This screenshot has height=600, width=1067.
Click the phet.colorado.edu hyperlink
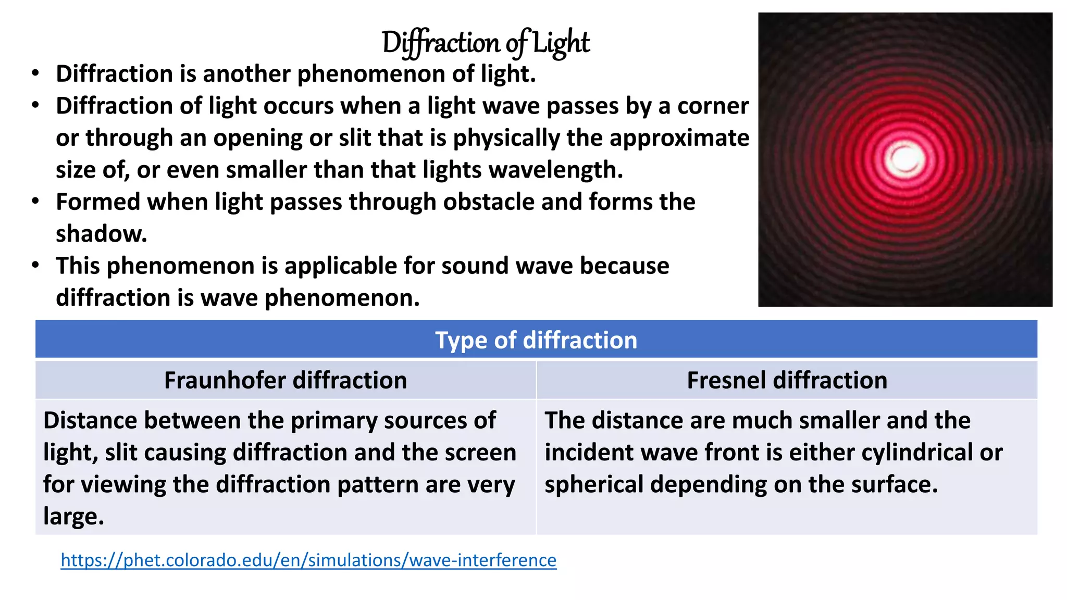click(308, 560)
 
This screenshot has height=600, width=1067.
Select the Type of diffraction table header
click(536, 340)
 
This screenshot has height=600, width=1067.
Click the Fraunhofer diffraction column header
click(286, 380)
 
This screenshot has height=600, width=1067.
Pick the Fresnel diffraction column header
click(787, 380)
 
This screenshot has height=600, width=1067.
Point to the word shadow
click(101, 234)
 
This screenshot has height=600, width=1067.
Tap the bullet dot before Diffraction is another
click(35, 73)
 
